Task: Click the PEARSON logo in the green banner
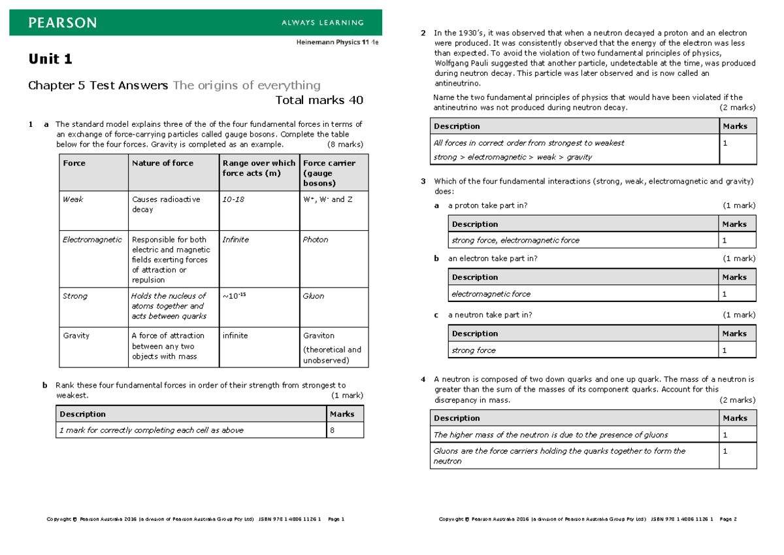(63, 23)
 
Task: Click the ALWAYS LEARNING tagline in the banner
(322, 23)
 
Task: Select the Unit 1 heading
(50, 59)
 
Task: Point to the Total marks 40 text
(319, 100)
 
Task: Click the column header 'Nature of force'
(163, 163)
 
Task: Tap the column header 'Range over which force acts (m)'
(259, 168)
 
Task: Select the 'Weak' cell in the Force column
(73, 199)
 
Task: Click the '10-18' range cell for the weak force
(233, 199)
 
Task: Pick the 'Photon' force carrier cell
(316, 240)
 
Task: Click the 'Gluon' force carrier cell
(314, 296)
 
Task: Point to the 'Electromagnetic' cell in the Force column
(92, 240)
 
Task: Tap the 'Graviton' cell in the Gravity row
(319, 336)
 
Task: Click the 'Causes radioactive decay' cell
(166, 205)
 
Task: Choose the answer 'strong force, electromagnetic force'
(515, 241)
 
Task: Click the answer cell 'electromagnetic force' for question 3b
(491, 294)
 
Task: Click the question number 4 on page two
(423, 379)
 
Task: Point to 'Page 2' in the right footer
(727, 520)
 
